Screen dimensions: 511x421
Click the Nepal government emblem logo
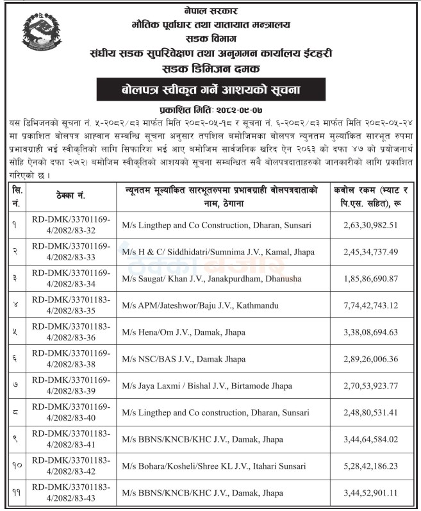42,36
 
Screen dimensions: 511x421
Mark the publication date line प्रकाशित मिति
211,108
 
